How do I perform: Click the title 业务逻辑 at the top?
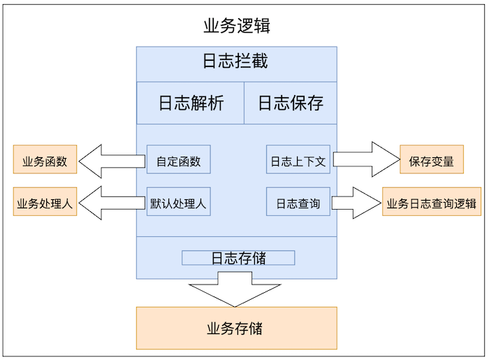click(237, 27)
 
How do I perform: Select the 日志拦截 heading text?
click(235, 62)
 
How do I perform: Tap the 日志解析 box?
click(190, 103)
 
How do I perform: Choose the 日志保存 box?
click(290, 103)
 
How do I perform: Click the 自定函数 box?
click(178, 160)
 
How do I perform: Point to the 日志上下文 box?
click(298, 160)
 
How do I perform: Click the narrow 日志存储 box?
click(238, 258)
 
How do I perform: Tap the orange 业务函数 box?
click(45, 160)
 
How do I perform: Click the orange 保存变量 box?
click(431, 160)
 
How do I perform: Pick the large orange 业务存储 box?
click(236, 328)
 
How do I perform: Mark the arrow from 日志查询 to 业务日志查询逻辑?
click(358, 202)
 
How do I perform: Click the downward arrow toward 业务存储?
click(235, 288)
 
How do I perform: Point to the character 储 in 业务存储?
click(256, 328)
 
